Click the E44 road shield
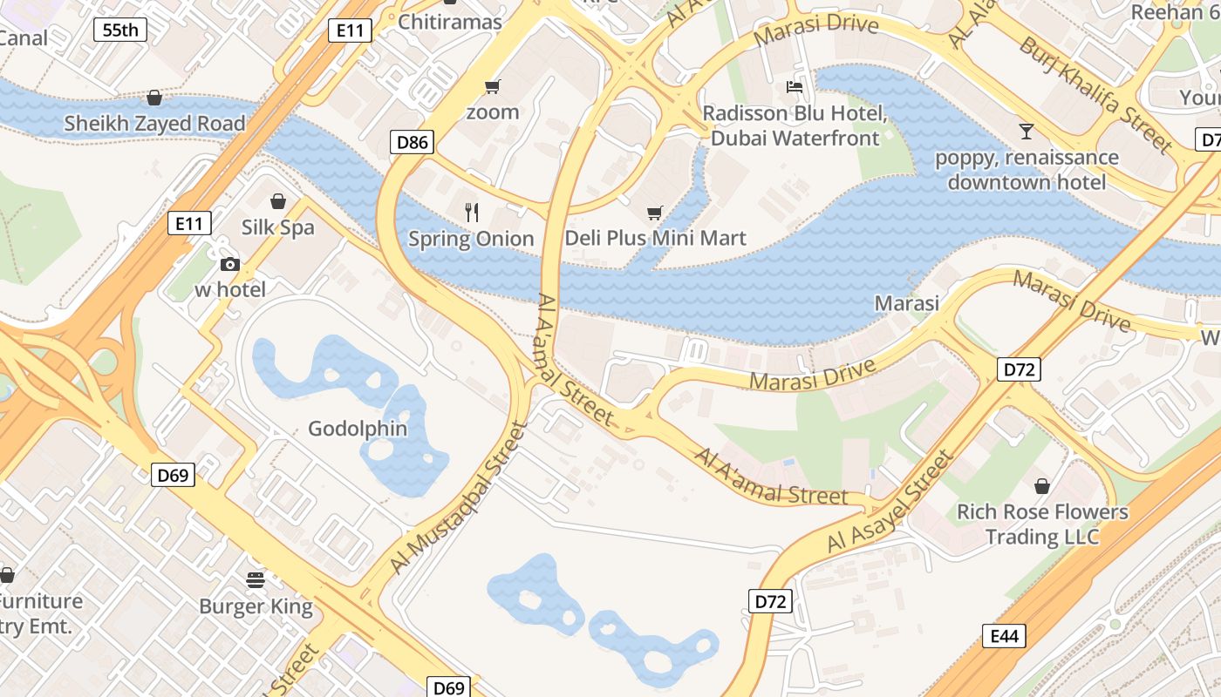1005,637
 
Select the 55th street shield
119,30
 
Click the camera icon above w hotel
230,264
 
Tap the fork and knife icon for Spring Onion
472,212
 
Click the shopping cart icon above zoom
492,86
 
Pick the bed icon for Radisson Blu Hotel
794,86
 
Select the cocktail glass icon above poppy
1027,132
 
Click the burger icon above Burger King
256,579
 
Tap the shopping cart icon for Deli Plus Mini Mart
655,212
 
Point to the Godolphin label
358,429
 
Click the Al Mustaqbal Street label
459,498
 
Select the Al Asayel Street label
890,501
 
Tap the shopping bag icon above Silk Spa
277,201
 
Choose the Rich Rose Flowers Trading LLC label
1042,524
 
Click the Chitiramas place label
450,22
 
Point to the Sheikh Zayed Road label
154,124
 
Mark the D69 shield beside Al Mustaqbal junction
173,475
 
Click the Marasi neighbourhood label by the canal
907,303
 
